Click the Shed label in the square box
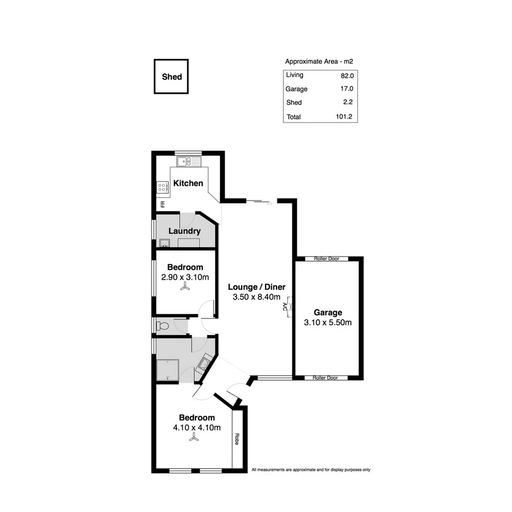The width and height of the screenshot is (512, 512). (171, 77)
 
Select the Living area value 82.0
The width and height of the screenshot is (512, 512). (347, 75)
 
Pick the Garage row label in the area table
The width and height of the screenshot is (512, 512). (297, 89)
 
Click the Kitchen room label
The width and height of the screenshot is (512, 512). (188, 183)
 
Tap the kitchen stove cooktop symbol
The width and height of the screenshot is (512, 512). (163, 188)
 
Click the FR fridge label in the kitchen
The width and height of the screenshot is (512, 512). (163, 204)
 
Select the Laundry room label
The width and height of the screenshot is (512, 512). (184, 231)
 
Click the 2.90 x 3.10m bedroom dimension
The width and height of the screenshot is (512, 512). (185, 277)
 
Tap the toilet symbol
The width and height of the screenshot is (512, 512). (163, 326)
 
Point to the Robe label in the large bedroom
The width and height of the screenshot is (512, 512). (237, 439)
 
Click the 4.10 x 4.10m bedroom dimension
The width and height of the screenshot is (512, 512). (197, 427)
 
